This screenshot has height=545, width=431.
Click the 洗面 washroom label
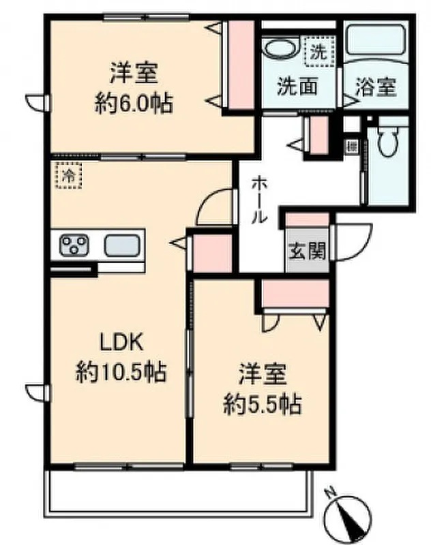pos(297,87)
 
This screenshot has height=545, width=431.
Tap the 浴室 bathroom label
pos(374,87)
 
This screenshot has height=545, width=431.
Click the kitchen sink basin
pos(122,245)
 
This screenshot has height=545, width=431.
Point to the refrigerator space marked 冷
pos(68,175)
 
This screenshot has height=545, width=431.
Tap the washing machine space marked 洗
pos(318,50)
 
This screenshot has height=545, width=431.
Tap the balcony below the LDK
pos(177,490)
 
